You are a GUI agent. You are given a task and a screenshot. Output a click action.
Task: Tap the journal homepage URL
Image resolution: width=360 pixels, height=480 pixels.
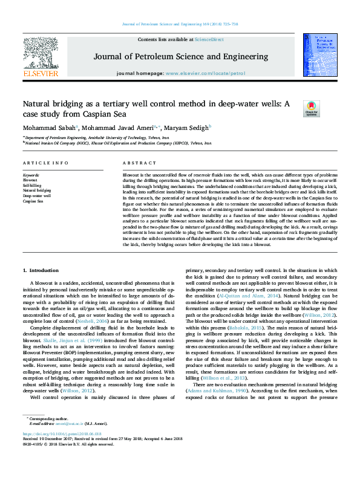[x=205, y=73]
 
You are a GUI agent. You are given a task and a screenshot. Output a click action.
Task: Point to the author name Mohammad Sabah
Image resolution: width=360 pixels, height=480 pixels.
[x=42, y=128]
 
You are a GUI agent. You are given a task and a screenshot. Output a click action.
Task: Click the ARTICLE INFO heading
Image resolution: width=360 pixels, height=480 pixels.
[x=45, y=164]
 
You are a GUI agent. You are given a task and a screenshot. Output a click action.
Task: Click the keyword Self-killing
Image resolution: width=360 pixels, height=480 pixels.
[x=32, y=185]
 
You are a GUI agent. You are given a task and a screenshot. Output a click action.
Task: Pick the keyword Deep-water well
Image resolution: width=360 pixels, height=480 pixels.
[x=37, y=196]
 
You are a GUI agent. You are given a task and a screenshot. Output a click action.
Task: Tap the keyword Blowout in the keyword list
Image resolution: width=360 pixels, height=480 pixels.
[x=30, y=180]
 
